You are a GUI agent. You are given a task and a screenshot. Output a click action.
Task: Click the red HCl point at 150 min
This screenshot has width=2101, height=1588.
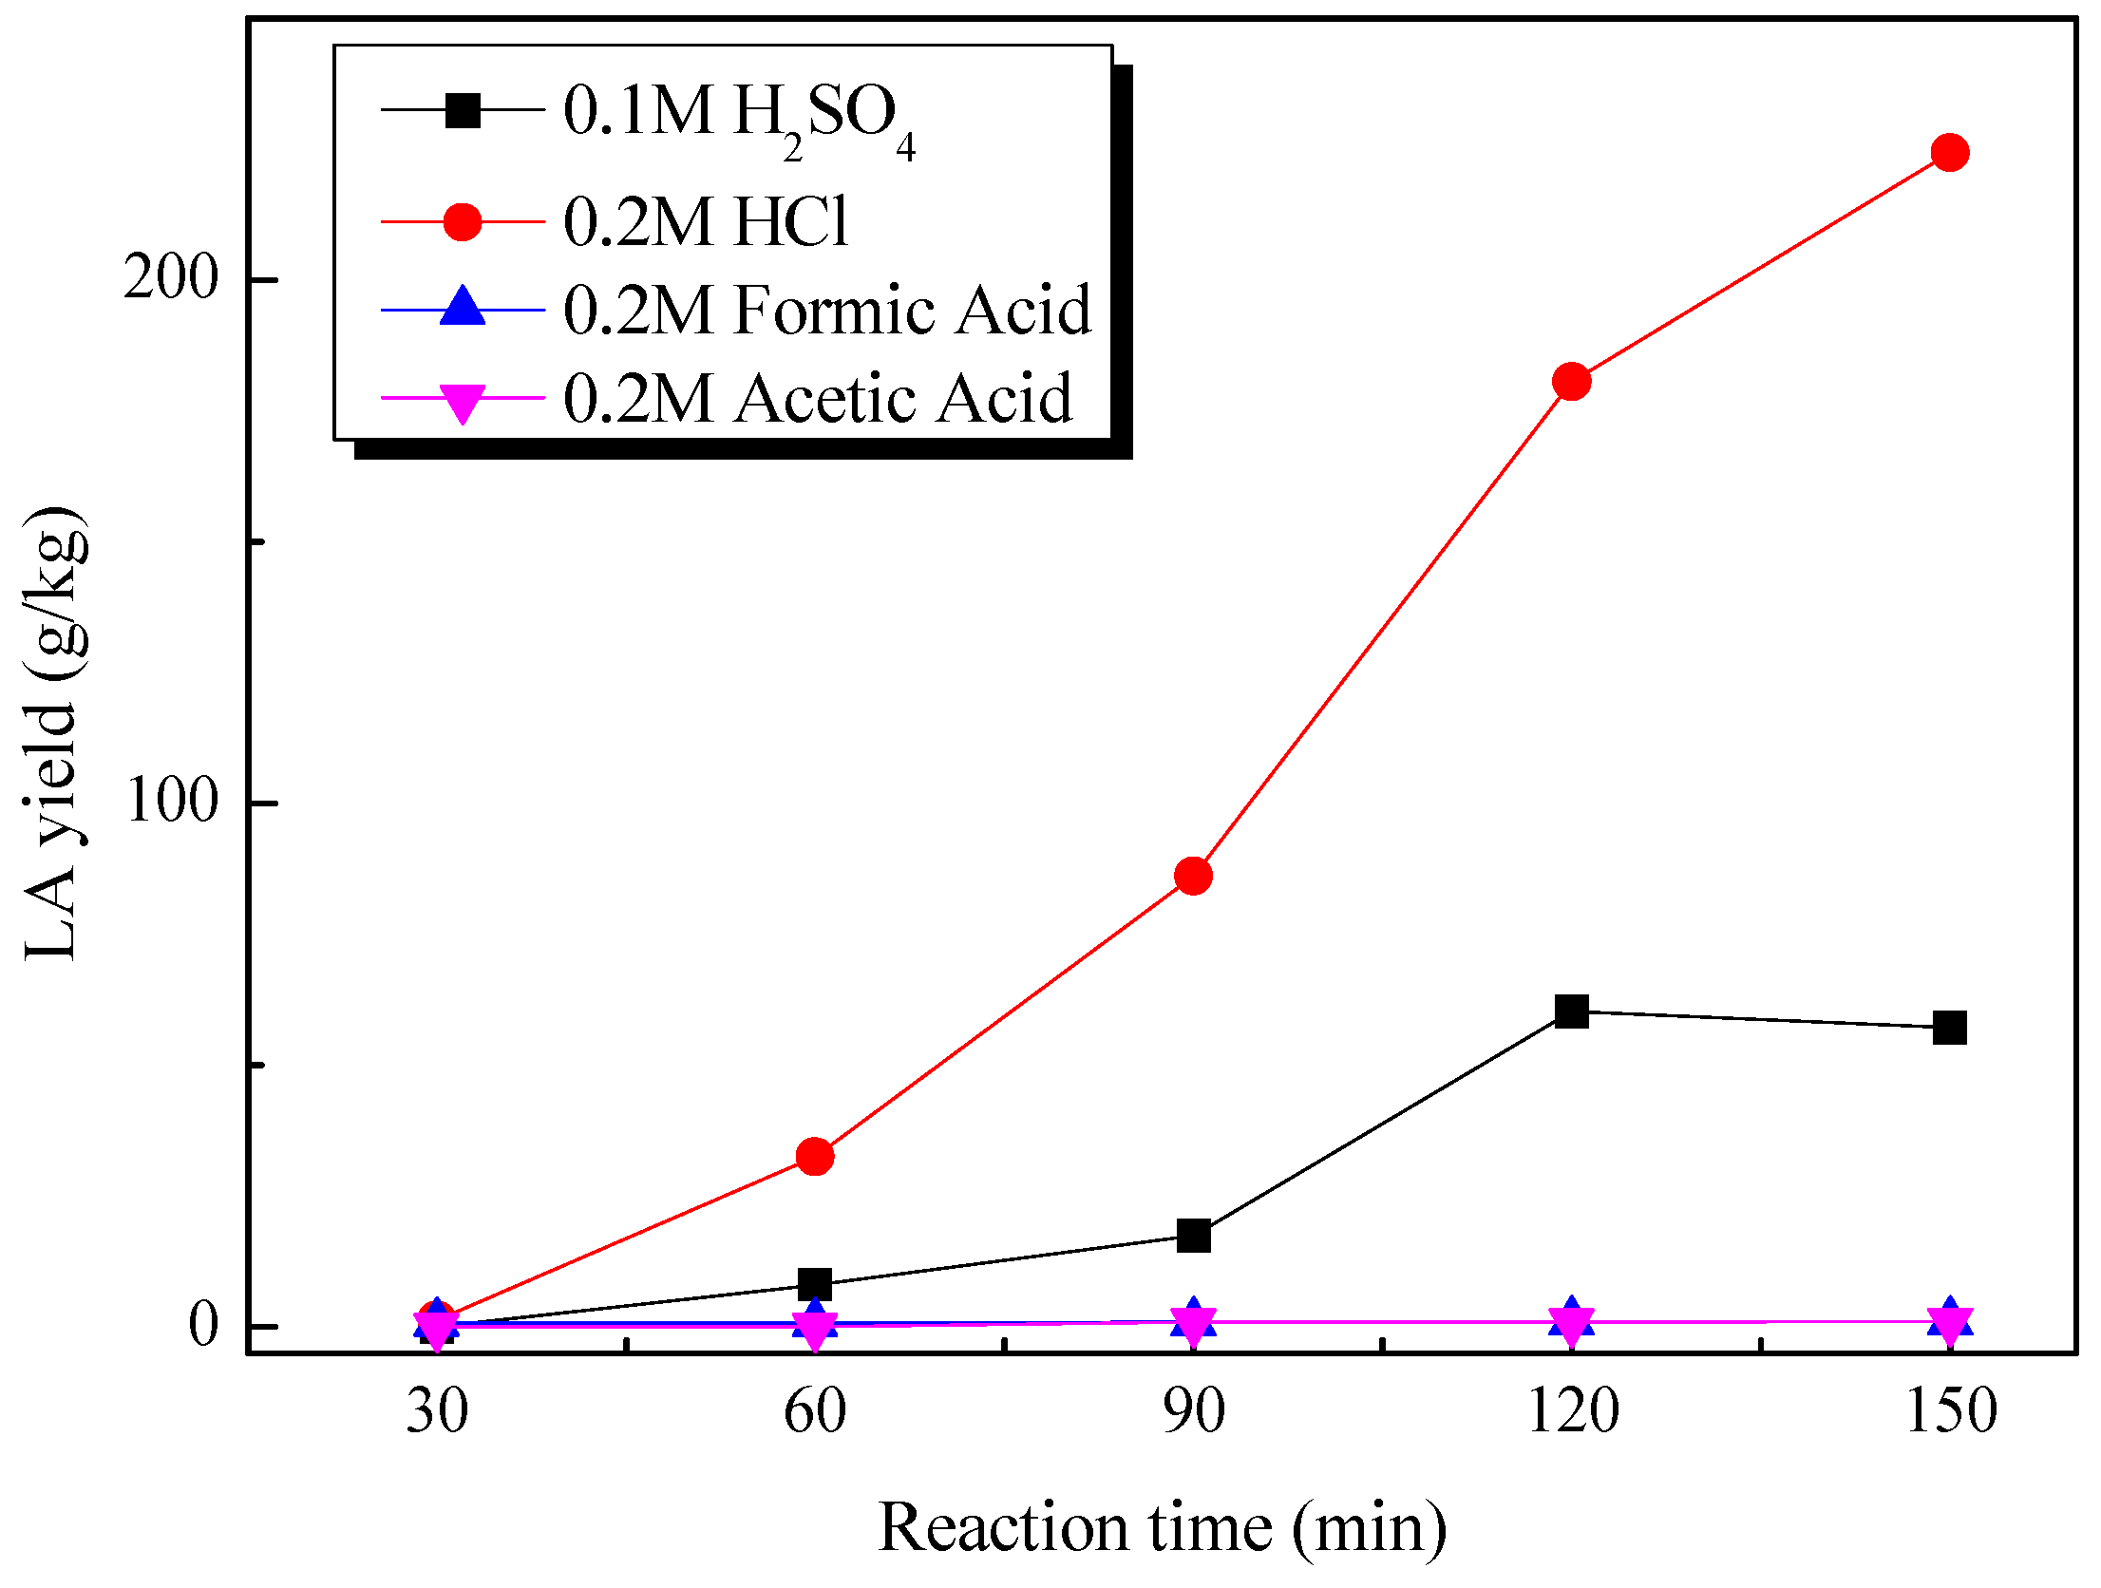click(1950, 152)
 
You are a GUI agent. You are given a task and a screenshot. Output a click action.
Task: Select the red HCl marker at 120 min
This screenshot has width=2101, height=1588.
click(1571, 382)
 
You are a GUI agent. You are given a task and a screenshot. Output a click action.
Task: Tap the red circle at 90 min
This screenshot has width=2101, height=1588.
click(1193, 876)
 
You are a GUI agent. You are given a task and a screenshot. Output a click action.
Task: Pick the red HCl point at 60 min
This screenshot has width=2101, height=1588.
click(815, 1156)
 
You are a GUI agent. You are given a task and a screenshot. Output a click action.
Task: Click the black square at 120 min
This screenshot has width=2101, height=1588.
click(1571, 1011)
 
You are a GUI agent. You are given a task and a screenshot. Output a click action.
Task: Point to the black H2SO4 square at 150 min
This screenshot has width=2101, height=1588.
click(1950, 1028)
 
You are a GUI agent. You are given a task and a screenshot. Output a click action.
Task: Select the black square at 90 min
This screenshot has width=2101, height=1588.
click(1193, 1236)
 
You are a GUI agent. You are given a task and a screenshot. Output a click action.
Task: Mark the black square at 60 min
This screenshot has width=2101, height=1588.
click(815, 1285)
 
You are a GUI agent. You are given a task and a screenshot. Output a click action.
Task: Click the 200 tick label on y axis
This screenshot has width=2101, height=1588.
click(171, 278)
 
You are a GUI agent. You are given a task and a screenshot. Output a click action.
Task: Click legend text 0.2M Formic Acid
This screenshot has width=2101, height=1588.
click(827, 311)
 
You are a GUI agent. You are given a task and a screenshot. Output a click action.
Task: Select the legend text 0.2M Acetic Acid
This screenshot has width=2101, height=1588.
click(818, 398)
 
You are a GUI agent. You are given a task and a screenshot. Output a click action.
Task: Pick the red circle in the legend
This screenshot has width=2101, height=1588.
click(463, 221)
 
